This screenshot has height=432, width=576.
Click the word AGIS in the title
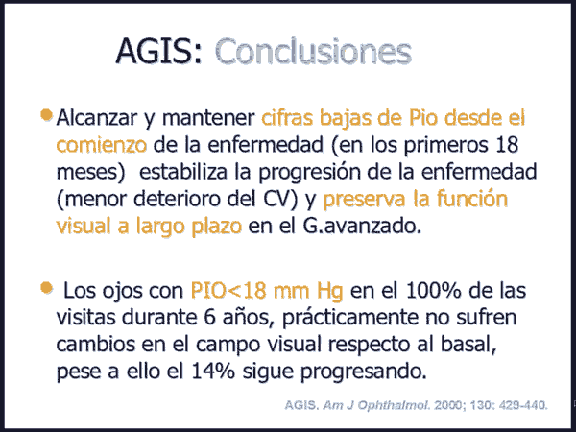pos(158,51)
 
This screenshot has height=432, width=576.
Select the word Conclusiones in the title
pos(313,51)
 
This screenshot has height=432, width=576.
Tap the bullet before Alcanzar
pos(46,114)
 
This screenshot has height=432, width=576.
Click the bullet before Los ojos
pos(46,288)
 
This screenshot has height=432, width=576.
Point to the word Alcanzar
pos(97,117)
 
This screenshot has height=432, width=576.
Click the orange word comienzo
pos(102,145)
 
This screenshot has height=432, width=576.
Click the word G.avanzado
pos(362,226)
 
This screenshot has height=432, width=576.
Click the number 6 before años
pos(209,317)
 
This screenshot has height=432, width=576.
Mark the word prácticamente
pos(350,318)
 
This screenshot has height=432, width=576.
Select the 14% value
pos(213,372)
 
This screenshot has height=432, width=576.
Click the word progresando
pos(364,372)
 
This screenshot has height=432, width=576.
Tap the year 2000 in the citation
pos(445,405)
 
